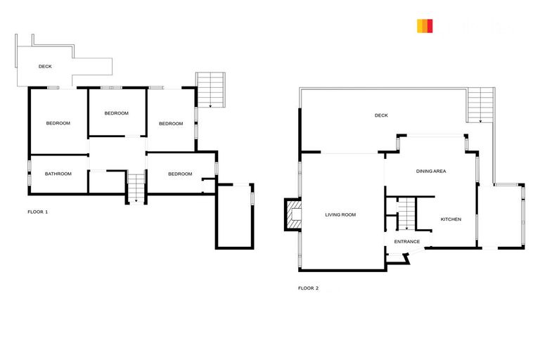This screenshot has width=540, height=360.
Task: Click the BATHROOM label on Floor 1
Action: click(x=58, y=174)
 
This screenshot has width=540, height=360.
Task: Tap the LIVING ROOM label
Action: click(x=340, y=214)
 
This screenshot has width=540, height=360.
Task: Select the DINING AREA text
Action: click(x=431, y=171)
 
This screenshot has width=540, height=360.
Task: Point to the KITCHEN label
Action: click(x=451, y=219)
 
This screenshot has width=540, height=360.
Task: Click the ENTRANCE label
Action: click(x=406, y=242)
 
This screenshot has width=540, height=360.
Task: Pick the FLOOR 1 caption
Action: click(x=37, y=211)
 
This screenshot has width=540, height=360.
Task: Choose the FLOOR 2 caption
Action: click(x=308, y=288)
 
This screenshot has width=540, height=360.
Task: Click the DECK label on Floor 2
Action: click(x=381, y=115)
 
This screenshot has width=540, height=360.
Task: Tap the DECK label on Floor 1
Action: click(x=45, y=67)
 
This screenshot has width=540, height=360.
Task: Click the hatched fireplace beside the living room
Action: click(x=292, y=214)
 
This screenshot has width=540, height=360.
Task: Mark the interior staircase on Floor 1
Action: click(x=135, y=186)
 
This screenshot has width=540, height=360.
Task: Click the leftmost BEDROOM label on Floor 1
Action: click(x=58, y=124)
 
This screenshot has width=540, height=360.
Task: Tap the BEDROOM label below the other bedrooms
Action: click(x=180, y=174)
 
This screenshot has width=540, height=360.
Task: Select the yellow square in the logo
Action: click(x=420, y=26)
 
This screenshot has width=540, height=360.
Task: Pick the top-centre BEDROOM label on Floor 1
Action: click(x=117, y=113)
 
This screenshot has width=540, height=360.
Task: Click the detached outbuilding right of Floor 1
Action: click(x=235, y=216)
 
